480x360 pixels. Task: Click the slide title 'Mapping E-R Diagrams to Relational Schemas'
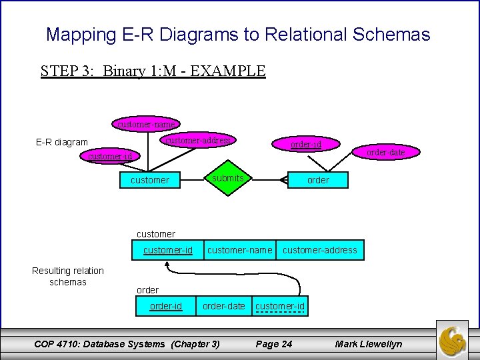238,34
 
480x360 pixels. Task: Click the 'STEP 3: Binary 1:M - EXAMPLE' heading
153,71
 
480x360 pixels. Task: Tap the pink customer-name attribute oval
146,124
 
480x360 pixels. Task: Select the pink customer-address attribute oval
198,140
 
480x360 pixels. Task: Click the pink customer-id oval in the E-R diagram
111,157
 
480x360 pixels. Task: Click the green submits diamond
227,179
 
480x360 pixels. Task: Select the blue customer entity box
150,180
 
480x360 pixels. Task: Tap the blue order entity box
318,180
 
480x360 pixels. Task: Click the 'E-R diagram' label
61,142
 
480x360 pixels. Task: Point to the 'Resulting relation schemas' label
68,276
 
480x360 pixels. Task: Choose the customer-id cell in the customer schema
168,250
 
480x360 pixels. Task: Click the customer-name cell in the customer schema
240,250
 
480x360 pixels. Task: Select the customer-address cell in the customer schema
320,250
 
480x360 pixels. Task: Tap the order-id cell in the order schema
165,306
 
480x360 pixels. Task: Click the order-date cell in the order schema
224,306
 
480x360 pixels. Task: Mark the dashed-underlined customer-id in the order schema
280,306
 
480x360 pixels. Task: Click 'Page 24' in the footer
274,344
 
